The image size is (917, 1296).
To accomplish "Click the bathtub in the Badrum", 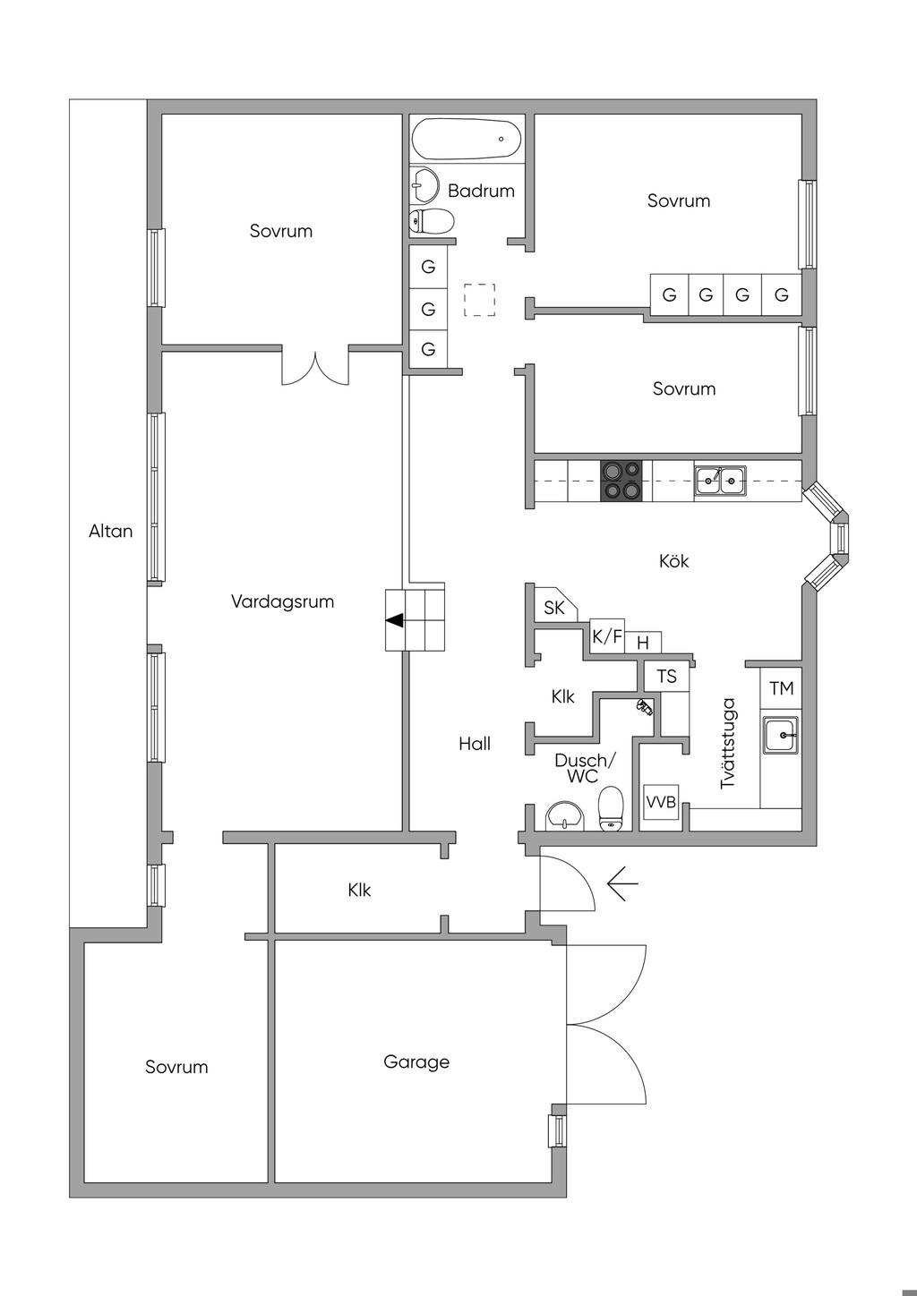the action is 466,140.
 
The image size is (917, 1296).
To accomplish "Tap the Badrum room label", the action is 481,191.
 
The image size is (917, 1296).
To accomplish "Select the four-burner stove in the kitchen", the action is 621,481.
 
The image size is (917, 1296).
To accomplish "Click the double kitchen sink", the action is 720,481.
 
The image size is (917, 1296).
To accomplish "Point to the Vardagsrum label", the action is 282,601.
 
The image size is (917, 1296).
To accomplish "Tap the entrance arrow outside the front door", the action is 622,883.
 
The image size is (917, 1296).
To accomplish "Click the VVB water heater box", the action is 661,802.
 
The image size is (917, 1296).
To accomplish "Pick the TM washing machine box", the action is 781,688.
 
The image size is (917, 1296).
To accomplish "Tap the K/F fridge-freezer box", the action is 606,636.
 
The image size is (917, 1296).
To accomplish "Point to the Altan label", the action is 110,531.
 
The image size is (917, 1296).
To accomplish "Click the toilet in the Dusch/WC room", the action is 610,808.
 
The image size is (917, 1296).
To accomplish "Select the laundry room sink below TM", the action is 780,735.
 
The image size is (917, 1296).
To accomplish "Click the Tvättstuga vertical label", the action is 728,744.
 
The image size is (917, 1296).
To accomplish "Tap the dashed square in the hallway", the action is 479,300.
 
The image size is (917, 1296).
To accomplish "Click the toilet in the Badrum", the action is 432,220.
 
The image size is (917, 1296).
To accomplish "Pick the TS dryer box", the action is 667,676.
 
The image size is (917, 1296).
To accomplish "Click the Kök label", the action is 673,560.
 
